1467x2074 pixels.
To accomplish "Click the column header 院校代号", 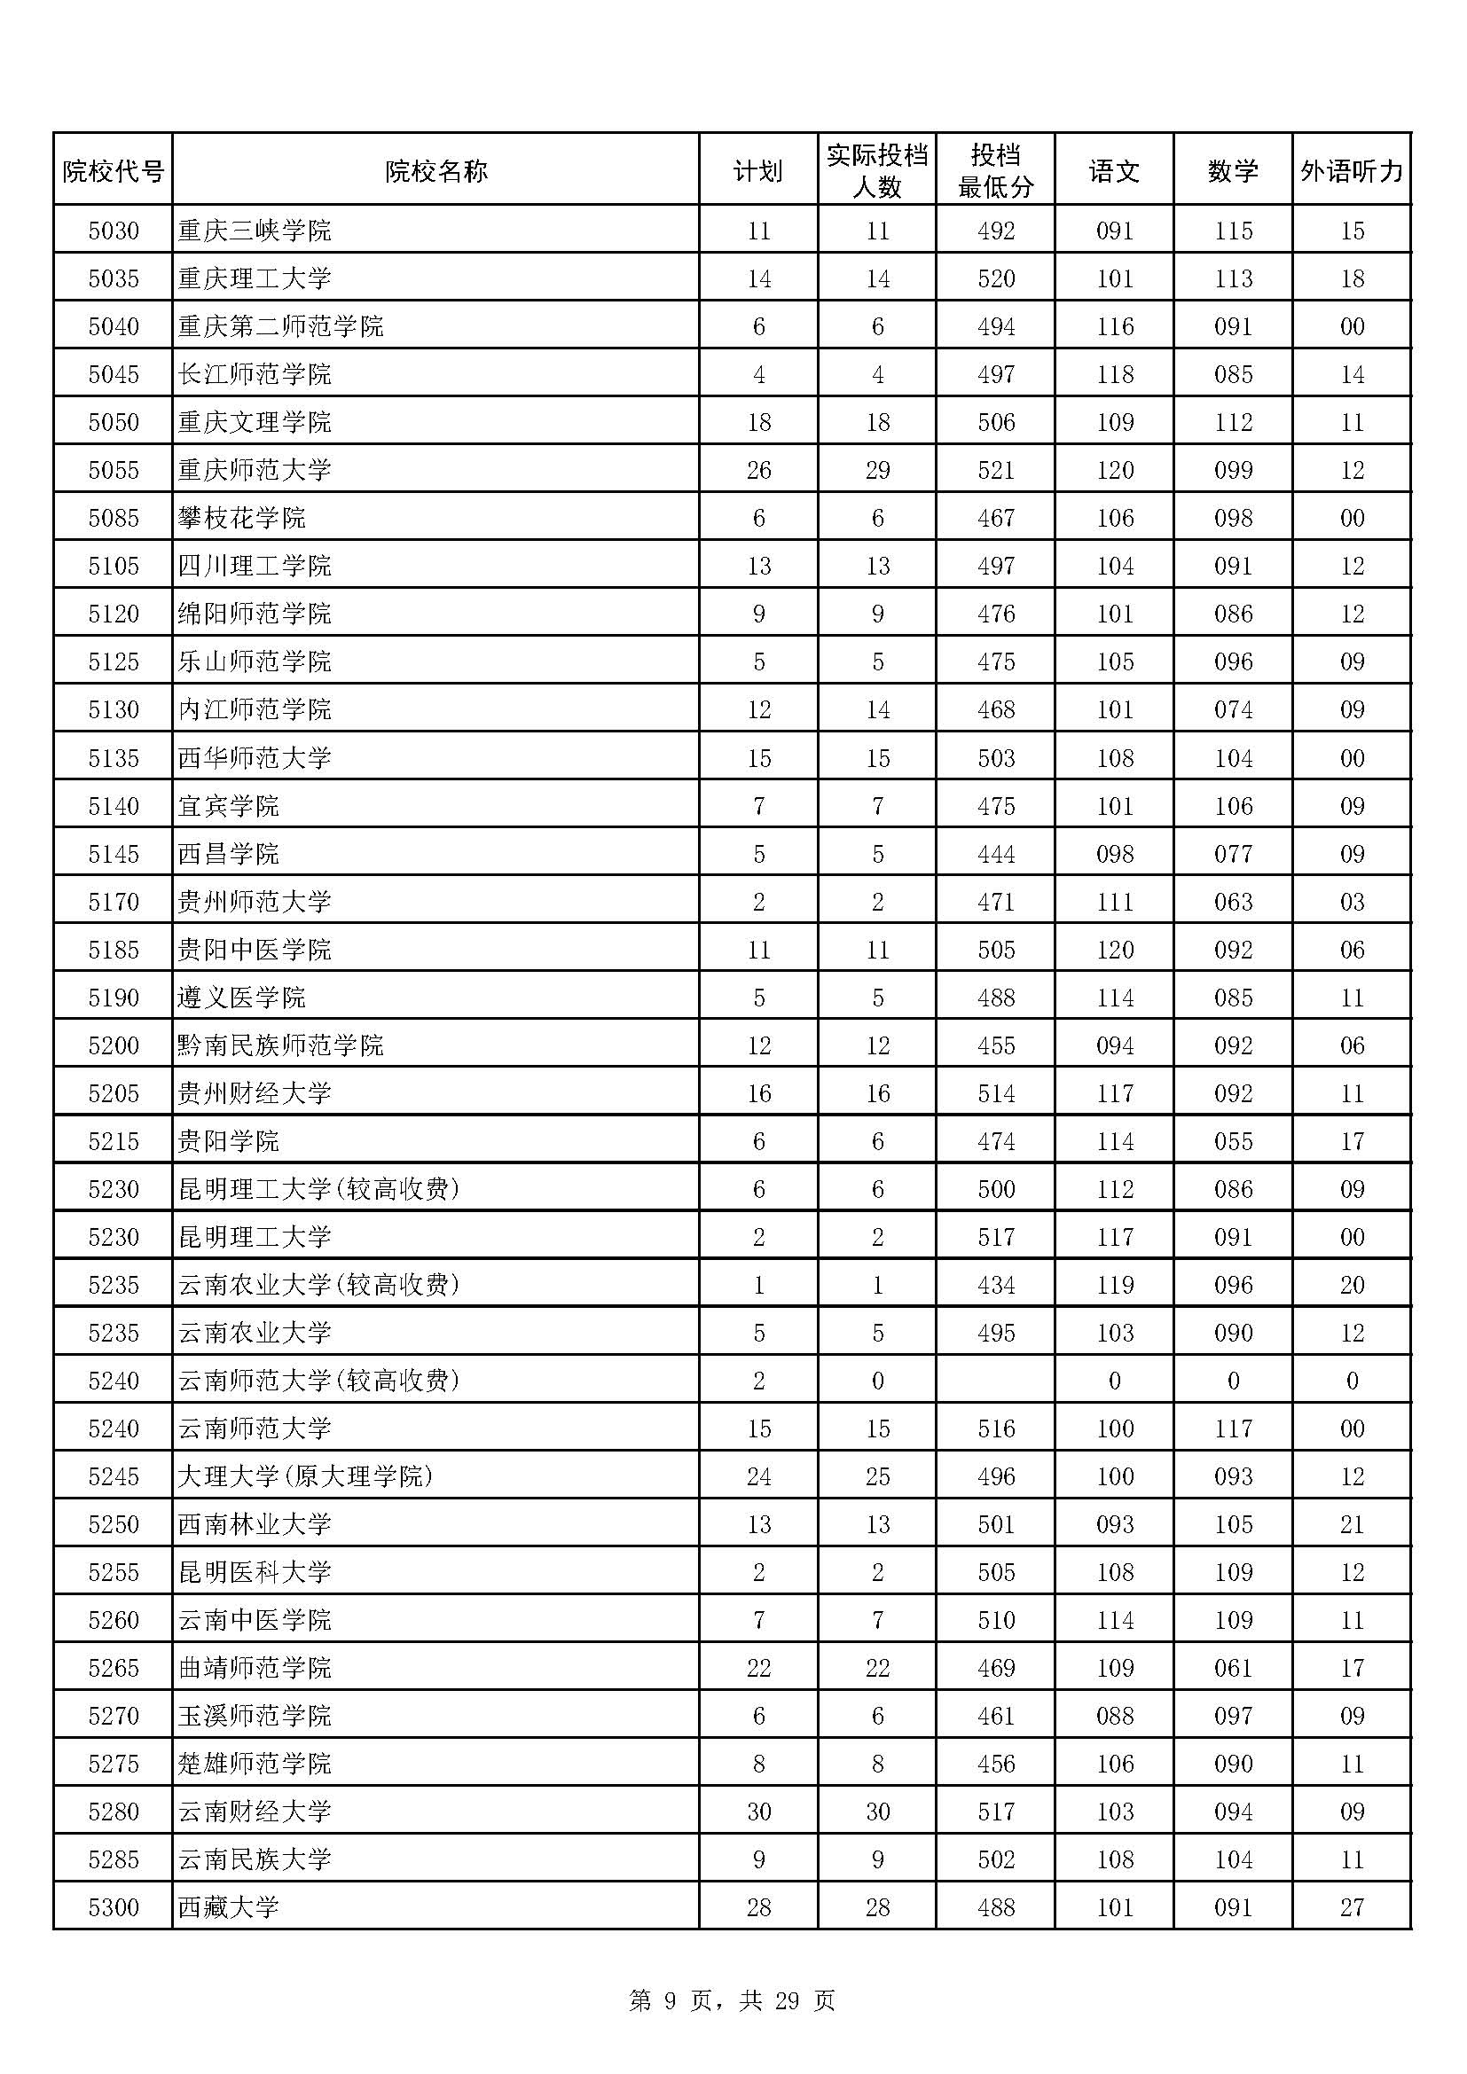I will (x=113, y=171).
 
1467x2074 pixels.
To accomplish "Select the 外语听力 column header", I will (x=1352, y=171).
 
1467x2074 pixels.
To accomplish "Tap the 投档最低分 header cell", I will (x=995, y=171).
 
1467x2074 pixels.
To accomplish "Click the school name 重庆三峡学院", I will (x=255, y=231).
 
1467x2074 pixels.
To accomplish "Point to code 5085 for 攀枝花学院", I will (x=114, y=519).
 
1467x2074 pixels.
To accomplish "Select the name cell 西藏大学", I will (x=229, y=1907).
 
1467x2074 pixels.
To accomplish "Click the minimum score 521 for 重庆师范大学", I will (x=995, y=471).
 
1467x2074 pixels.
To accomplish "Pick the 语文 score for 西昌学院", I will (x=1115, y=855).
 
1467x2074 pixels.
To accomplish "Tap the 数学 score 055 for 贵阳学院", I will (x=1233, y=1142).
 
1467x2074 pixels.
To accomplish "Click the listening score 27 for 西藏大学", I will (x=1352, y=1907).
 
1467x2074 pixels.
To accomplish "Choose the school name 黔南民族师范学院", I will (x=281, y=1046).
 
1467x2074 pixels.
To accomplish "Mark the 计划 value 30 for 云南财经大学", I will (x=759, y=1812).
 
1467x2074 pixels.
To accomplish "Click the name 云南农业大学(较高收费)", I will (x=319, y=1286).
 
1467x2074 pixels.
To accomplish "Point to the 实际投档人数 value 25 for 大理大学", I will (x=877, y=1477).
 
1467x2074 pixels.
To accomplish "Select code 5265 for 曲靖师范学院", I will (x=114, y=1669).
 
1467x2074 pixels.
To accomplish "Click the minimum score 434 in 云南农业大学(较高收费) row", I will (x=995, y=1286).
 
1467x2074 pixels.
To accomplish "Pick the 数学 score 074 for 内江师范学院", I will (x=1233, y=710).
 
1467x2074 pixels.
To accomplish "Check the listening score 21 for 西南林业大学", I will (x=1352, y=1525).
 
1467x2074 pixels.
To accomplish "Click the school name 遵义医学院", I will (x=242, y=998).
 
